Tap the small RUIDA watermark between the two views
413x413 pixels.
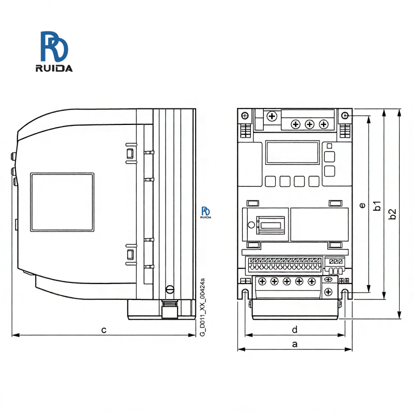(206, 212)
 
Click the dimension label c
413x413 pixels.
(104, 329)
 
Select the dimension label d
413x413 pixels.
(295, 329)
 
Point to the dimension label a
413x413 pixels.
(295, 344)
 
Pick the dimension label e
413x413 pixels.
(362, 205)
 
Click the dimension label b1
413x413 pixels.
(378, 205)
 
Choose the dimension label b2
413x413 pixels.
(393, 213)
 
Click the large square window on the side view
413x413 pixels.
(62, 202)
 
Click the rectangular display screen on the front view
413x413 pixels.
(292, 152)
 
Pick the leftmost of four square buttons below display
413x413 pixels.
(270, 181)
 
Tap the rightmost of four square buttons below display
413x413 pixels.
(314, 181)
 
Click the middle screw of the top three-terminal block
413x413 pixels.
(309, 124)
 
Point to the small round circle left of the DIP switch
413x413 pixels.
(251, 225)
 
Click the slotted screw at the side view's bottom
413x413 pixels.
(169, 289)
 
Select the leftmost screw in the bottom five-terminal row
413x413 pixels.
(262, 281)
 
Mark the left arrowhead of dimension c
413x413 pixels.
(12, 335)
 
